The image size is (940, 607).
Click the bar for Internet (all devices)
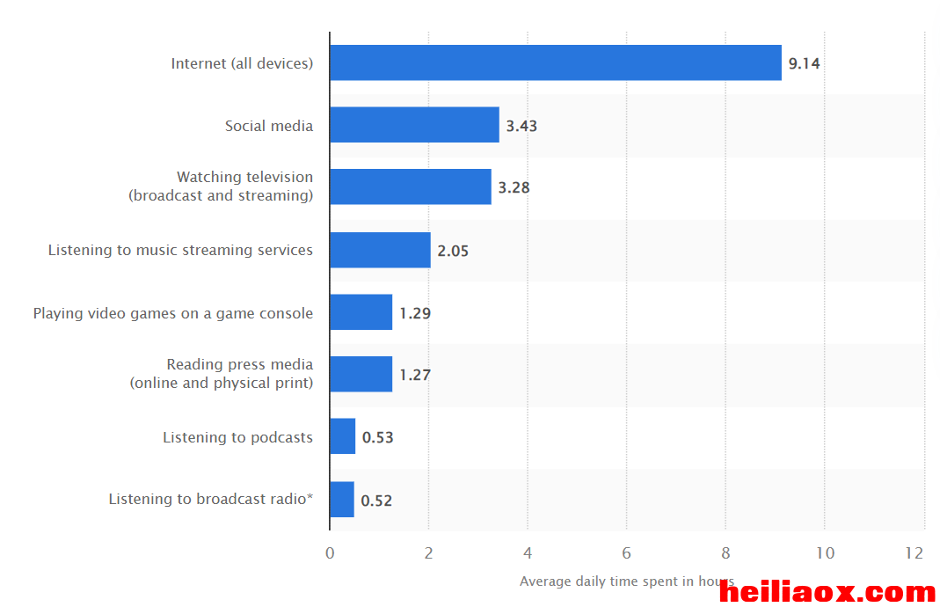coord(556,62)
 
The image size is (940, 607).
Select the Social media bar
coord(415,125)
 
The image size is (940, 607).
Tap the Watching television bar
coord(411,186)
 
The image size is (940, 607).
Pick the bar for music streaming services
coord(380,250)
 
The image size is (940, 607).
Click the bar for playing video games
coord(361,312)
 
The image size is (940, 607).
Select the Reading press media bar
coord(361,374)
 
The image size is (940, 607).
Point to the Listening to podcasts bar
coord(343,436)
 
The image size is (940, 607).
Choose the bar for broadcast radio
coord(342,499)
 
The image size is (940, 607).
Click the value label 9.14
coord(804,63)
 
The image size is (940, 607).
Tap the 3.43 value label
coord(521,126)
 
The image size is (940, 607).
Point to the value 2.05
coord(453,251)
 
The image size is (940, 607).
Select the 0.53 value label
coord(378,437)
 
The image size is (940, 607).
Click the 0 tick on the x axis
coord(330,553)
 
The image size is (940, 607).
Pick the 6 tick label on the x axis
coord(626,553)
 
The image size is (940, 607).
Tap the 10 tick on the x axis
coord(825,553)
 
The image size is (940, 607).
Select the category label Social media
coord(269,126)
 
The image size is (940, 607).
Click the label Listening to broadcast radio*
coord(211,499)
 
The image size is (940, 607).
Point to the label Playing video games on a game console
coord(173,313)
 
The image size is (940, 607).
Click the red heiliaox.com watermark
coord(827,593)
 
